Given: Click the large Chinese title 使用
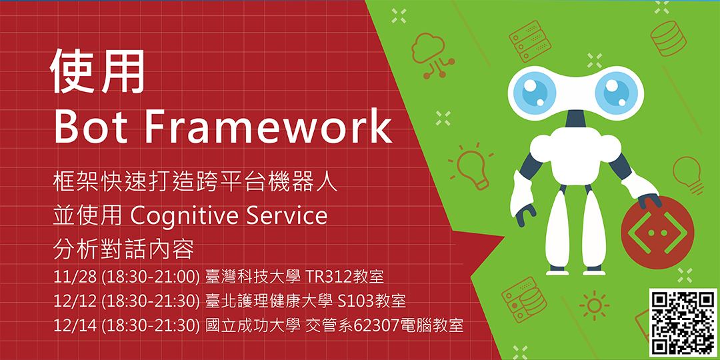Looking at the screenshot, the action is coord(98,71).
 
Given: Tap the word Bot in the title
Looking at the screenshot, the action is coord(91,125).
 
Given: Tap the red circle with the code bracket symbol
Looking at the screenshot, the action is coord(651,233).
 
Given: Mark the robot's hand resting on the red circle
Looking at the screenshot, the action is coord(649,201).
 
